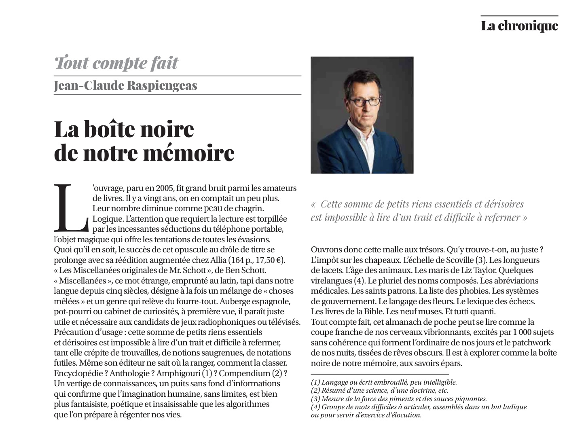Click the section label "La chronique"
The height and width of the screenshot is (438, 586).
point(519,26)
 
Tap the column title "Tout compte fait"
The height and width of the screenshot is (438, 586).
point(116,63)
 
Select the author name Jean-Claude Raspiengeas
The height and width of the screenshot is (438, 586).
point(125,86)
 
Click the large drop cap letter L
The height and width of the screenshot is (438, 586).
point(70,206)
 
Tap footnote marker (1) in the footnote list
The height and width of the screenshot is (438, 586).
point(315,382)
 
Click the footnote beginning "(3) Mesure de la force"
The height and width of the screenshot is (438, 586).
point(398,398)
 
